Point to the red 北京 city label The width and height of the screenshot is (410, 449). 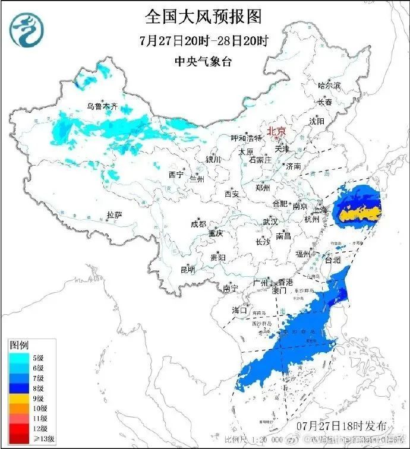coord(276,131)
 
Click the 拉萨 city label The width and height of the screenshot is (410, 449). coord(114,214)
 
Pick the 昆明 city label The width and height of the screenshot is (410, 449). coord(187,270)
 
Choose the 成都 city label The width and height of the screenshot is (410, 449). coord(198,224)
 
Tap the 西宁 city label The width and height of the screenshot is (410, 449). coord(176,175)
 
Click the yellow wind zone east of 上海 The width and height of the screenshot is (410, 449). coord(359,211)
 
